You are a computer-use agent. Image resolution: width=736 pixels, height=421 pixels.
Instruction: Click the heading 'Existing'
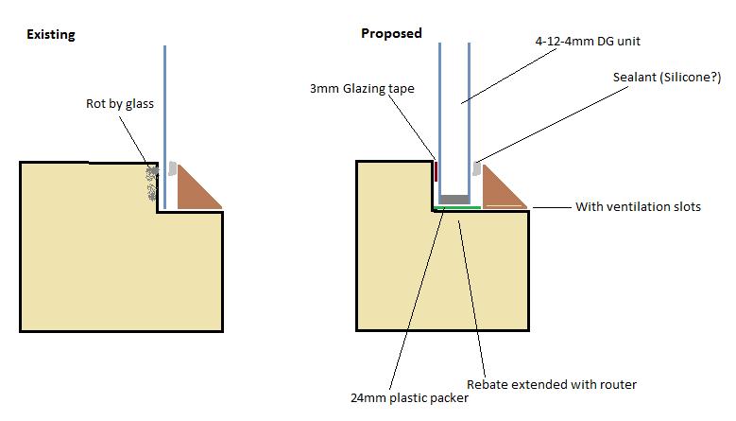(x=51, y=35)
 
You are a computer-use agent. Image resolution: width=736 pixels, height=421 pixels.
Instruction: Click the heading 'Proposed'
(x=391, y=33)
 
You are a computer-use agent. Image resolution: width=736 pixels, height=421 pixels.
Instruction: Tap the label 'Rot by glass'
(x=120, y=104)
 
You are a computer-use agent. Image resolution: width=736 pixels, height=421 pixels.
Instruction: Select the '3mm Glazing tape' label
(x=362, y=89)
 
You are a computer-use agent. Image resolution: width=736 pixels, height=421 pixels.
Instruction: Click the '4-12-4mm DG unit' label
(x=588, y=42)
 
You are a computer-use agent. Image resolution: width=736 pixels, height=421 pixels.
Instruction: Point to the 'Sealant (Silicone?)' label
(x=667, y=77)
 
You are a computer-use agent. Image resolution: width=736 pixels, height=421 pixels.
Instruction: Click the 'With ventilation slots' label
(x=638, y=207)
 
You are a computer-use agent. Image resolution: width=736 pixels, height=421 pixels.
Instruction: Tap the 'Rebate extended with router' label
(x=552, y=384)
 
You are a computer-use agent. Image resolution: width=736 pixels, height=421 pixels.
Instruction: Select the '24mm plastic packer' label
(x=409, y=398)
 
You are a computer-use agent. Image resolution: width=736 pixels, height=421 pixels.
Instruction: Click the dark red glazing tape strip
(x=436, y=171)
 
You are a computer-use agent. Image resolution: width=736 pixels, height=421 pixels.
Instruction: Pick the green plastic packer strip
(x=457, y=207)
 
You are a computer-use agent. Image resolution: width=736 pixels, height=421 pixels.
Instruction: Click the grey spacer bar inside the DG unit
(x=454, y=200)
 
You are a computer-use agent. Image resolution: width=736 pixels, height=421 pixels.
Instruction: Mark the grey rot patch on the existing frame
(x=152, y=183)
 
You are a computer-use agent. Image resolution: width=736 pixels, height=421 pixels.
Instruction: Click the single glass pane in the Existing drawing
(x=164, y=127)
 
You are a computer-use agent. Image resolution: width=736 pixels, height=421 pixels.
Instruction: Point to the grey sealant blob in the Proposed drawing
(x=477, y=168)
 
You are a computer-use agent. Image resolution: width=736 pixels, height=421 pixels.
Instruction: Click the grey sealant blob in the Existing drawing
(x=172, y=168)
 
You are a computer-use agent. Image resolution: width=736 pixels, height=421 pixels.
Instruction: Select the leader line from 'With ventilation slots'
(x=552, y=207)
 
